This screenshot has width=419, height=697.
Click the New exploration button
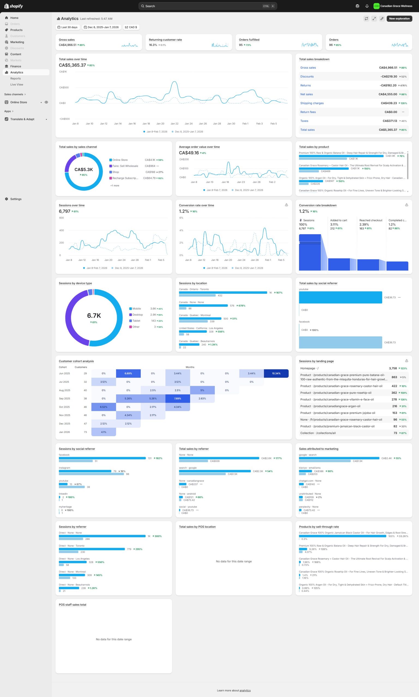[399, 19]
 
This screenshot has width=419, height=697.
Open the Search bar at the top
[208, 6]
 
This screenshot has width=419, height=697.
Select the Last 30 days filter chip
[68, 27]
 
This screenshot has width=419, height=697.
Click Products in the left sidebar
[16, 30]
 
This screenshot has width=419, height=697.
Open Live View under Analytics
[17, 85]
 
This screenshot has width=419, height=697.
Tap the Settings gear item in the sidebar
[16, 199]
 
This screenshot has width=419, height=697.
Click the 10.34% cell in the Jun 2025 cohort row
[276, 373]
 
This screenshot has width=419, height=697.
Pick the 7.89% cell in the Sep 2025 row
[178, 398]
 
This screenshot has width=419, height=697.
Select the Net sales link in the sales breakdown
[306, 94]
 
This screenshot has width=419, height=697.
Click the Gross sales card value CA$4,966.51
[68, 45]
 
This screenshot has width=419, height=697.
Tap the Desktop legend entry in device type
[137, 315]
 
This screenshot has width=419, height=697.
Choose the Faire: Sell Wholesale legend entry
[125, 166]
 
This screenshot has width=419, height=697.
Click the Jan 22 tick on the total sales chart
[174, 124]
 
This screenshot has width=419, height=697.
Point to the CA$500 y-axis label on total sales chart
[64, 87]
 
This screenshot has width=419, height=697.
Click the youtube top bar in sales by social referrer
[340, 297]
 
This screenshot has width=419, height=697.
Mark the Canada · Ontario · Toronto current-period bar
[223, 293]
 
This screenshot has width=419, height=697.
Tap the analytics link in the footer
[245, 690]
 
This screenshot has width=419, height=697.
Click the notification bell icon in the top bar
[367, 6]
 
